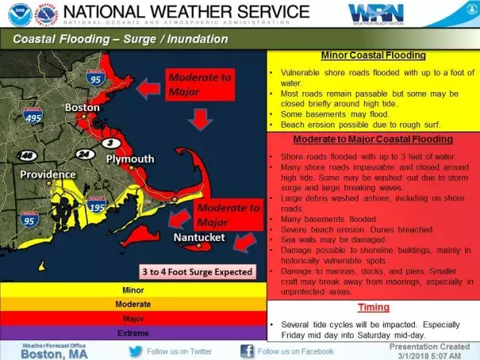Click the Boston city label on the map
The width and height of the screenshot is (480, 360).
tap(82, 108)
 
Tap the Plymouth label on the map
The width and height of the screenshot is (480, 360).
tap(129, 159)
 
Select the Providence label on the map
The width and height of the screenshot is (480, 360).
tap(48, 174)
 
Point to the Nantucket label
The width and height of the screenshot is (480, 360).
tap(199, 237)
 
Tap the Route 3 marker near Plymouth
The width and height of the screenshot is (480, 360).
tap(113, 143)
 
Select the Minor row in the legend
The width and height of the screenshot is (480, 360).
tap(133, 289)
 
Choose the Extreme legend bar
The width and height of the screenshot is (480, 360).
tap(133, 333)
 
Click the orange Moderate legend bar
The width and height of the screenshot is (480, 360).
tap(133, 304)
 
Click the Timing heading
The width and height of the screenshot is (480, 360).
tap(372, 308)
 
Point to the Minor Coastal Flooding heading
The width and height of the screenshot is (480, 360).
tap(372, 56)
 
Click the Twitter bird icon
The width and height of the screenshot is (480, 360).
tap(136, 350)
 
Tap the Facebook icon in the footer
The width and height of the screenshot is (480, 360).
tap(247, 350)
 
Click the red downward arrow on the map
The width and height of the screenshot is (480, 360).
tap(202, 120)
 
